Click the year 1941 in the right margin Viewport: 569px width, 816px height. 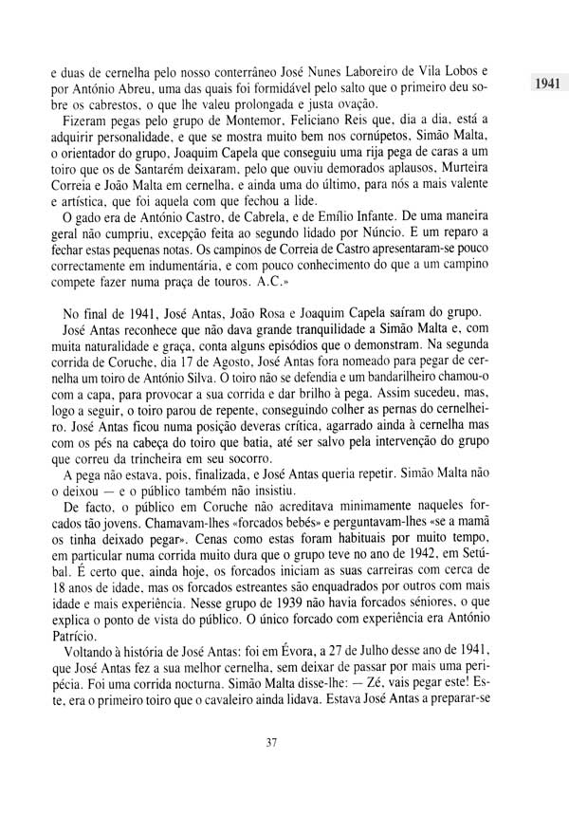pyautogui.click(x=546, y=83)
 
